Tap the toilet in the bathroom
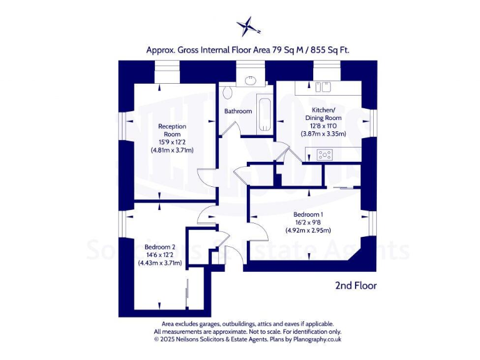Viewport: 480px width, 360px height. coord(228,93)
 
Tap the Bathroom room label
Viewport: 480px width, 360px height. coord(238,111)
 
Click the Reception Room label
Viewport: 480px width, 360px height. coord(172,130)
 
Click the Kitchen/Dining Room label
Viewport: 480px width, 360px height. coord(323,114)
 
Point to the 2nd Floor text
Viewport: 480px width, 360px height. coord(356,286)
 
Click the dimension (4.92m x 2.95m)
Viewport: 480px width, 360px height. coord(307,230)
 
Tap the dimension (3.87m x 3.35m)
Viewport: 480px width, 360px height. coord(323,134)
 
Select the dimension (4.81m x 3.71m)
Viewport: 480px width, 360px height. coord(172,150)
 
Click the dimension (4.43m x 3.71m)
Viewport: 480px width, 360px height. coord(159,263)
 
